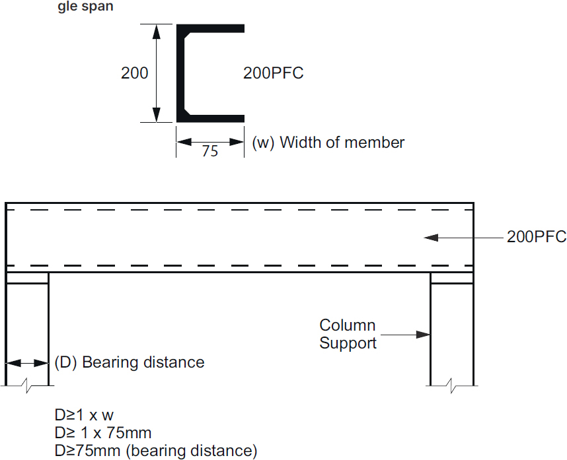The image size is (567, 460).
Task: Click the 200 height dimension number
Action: tap(134, 73)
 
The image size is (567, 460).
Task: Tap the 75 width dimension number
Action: tap(209, 151)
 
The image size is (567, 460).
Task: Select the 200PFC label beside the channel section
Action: tap(274, 73)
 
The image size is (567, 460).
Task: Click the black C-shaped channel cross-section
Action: tap(181, 73)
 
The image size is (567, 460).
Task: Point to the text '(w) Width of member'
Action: tap(328, 142)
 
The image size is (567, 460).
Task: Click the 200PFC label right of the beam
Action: tap(537, 237)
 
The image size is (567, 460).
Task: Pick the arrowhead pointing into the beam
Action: tap(431, 237)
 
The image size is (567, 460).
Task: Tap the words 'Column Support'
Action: tap(348, 334)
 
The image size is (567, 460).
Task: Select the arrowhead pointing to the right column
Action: tap(423, 335)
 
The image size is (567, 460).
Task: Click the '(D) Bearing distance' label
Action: tap(130, 362)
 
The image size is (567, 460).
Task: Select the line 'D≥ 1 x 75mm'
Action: tap(103, 433)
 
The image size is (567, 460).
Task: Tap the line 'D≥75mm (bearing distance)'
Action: tap(156, 451)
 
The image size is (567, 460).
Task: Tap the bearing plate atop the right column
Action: tap(452, 278)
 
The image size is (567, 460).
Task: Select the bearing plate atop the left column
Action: tap(27, 278)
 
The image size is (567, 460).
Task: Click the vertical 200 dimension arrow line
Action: tap(157, 73)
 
